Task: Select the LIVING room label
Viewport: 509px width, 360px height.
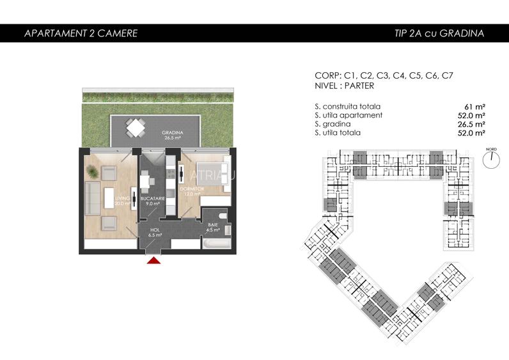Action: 122,200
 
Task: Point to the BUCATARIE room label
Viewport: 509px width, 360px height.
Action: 153,200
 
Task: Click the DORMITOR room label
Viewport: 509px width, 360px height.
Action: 191,190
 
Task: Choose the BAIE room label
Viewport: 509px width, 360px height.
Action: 213,225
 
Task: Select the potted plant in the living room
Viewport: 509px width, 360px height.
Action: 93,171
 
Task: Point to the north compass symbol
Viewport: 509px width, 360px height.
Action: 491,160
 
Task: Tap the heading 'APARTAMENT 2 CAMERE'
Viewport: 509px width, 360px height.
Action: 81,33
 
